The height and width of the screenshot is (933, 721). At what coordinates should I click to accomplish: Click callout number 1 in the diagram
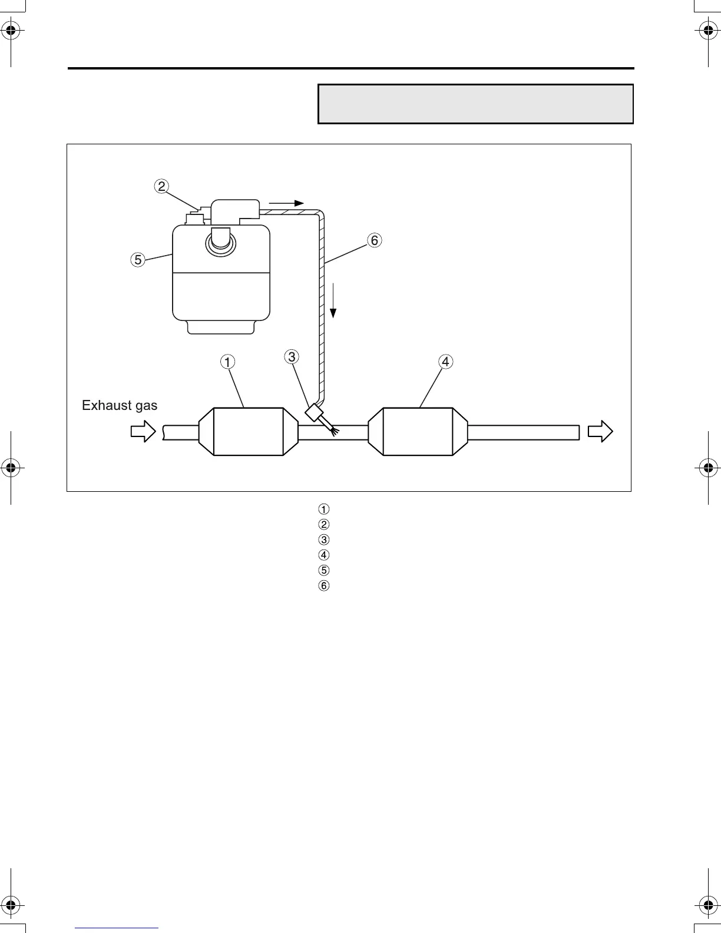pyautogui.click(x=227, y=361)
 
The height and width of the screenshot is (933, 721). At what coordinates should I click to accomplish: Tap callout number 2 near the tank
pyautogui.click(x=161, y=186)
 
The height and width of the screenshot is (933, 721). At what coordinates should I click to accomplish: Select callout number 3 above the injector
pyautogui.click(x=292, y=356)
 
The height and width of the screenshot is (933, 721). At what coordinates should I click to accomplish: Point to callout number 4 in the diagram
pyautogui.click(x=445, y=361)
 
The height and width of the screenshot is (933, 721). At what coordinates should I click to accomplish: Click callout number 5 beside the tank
pyautogui.click(x=137, y=259)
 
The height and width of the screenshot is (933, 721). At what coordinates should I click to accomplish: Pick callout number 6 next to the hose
pyautogui.click(x=374, y=240)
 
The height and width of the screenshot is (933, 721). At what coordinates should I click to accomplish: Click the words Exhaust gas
pyautogui.click(x=120, y=405)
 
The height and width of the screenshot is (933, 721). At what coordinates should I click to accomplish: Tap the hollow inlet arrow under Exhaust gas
pyautogui.click(x=143, y=432)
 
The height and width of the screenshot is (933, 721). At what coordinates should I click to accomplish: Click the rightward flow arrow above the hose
pyautogui.click(x=286, y=203)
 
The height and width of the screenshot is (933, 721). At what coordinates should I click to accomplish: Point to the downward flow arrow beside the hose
pyautogui.click(x=333, y=300)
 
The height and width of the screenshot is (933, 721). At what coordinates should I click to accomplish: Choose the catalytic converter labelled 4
pyautogui.click(x=418, y=431)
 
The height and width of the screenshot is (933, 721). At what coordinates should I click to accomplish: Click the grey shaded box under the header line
pyautogui.click(x=475, y=104)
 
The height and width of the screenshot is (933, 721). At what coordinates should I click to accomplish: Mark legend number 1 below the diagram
pyautogui.click(x=323, y=509)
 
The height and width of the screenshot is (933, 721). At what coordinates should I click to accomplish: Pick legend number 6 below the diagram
pyautogui.click(x=323, y=585)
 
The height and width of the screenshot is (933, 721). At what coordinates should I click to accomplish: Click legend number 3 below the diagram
pyautogui.click(x=323, y=540)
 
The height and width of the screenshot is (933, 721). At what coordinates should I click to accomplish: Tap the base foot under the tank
pyautogui.click(x=221, y=327)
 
